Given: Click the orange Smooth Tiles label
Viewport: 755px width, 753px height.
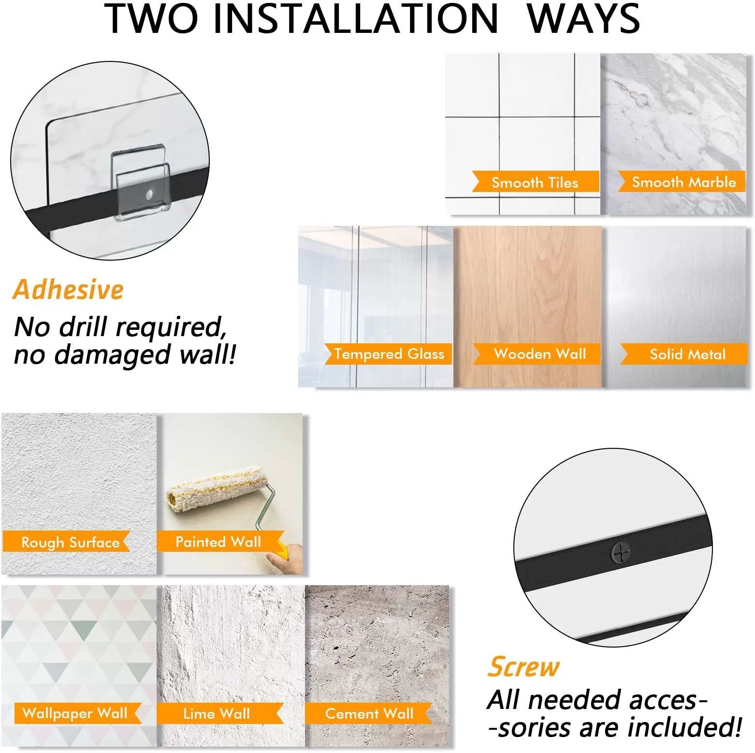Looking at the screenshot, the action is point(536,182).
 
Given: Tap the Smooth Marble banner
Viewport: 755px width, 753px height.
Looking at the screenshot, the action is point(682,182).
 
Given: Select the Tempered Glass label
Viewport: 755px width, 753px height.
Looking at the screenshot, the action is point(388,354).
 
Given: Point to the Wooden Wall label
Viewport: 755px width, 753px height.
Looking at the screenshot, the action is point(537,354).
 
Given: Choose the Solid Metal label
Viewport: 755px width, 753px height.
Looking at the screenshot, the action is point(684,354).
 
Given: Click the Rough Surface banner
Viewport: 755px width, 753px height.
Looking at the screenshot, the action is point(67,542).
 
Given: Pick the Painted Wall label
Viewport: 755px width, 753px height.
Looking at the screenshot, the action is point(220,542).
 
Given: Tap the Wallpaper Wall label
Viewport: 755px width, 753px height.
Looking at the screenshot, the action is point(77,713).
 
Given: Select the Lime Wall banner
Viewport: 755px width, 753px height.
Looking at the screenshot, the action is point(220,713).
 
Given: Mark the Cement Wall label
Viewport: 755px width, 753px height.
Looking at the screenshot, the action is point(368,713).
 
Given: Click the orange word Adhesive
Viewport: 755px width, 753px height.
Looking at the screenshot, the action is point(68,290).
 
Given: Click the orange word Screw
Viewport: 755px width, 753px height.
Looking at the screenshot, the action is point(523,667).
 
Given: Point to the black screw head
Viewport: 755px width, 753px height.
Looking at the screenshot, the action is point(621,552).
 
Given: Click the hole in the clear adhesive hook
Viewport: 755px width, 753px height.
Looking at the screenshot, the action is point(149,194).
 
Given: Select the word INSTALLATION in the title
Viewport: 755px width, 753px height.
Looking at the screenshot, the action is point(355,18).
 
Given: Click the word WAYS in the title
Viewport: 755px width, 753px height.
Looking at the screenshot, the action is point(583,18).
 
